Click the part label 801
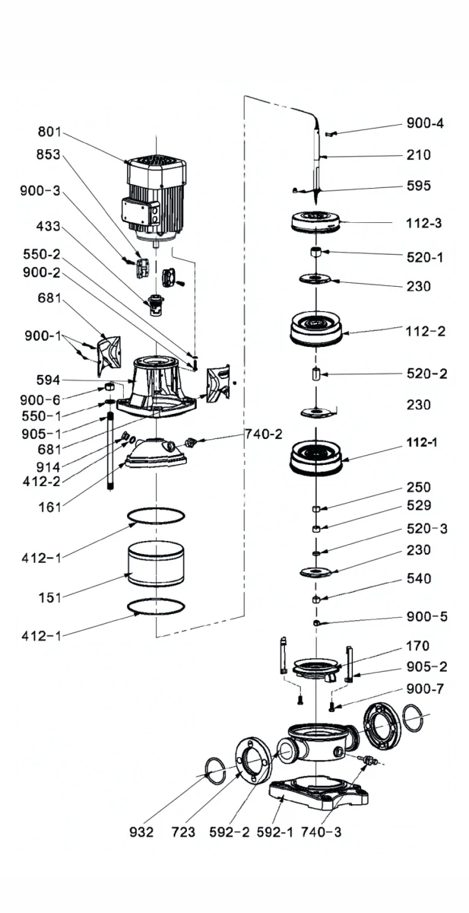tap(49, 132)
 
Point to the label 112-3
tap(424, 224)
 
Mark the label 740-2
tap(264, 434)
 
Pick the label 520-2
tap(425, 374)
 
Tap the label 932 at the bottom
tap(142, 832)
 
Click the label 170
tap(418, 647)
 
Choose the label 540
tap(418, 579)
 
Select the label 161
tap(50, 505)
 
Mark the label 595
tap(418, 186)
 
